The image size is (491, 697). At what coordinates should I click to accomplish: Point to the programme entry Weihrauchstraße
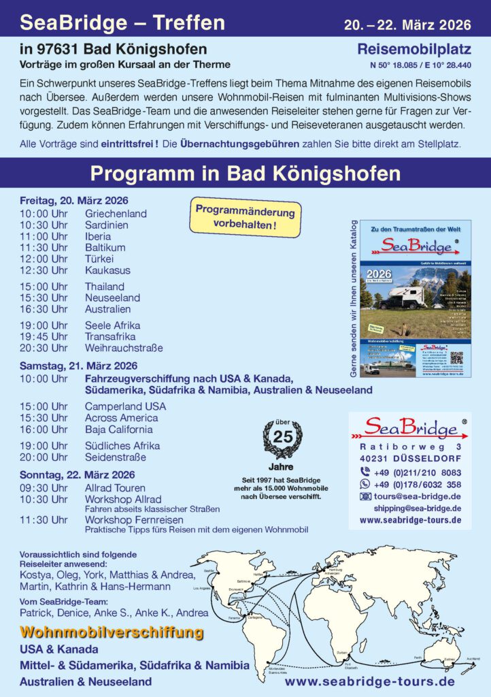point(124,348)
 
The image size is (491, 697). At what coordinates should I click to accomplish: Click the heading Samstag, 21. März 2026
point(78,366)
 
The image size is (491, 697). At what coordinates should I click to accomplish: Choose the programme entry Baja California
point(118,429)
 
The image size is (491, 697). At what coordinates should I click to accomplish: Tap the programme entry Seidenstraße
point(115,457)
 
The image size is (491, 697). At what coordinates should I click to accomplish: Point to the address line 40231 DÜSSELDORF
point(410,459)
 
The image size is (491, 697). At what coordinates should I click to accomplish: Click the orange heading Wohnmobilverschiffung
point(112,632)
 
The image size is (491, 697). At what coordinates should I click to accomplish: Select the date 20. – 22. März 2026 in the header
point(407,25)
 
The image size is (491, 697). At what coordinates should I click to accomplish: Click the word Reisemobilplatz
point(414,50)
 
